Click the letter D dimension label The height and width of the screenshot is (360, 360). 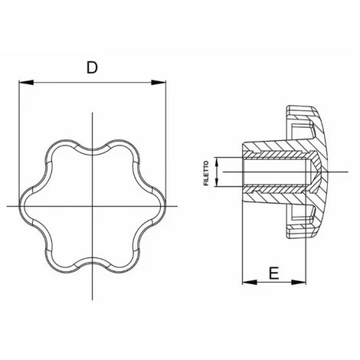click(x=92, y=67)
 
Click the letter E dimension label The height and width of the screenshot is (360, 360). click(x=273, y=273)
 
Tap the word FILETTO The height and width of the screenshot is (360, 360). click(x=206, y=173)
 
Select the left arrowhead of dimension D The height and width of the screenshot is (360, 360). click(x=26, y=82)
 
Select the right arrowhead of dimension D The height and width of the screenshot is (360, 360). click(x=159, y=82)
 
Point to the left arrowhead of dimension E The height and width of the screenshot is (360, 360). click(x=250, y=282)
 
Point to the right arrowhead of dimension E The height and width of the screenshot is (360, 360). click(x=299, y=282)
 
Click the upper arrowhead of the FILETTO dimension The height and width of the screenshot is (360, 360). click(x=217, y=163)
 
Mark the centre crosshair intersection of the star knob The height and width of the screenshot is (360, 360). click(x=92, y=206)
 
